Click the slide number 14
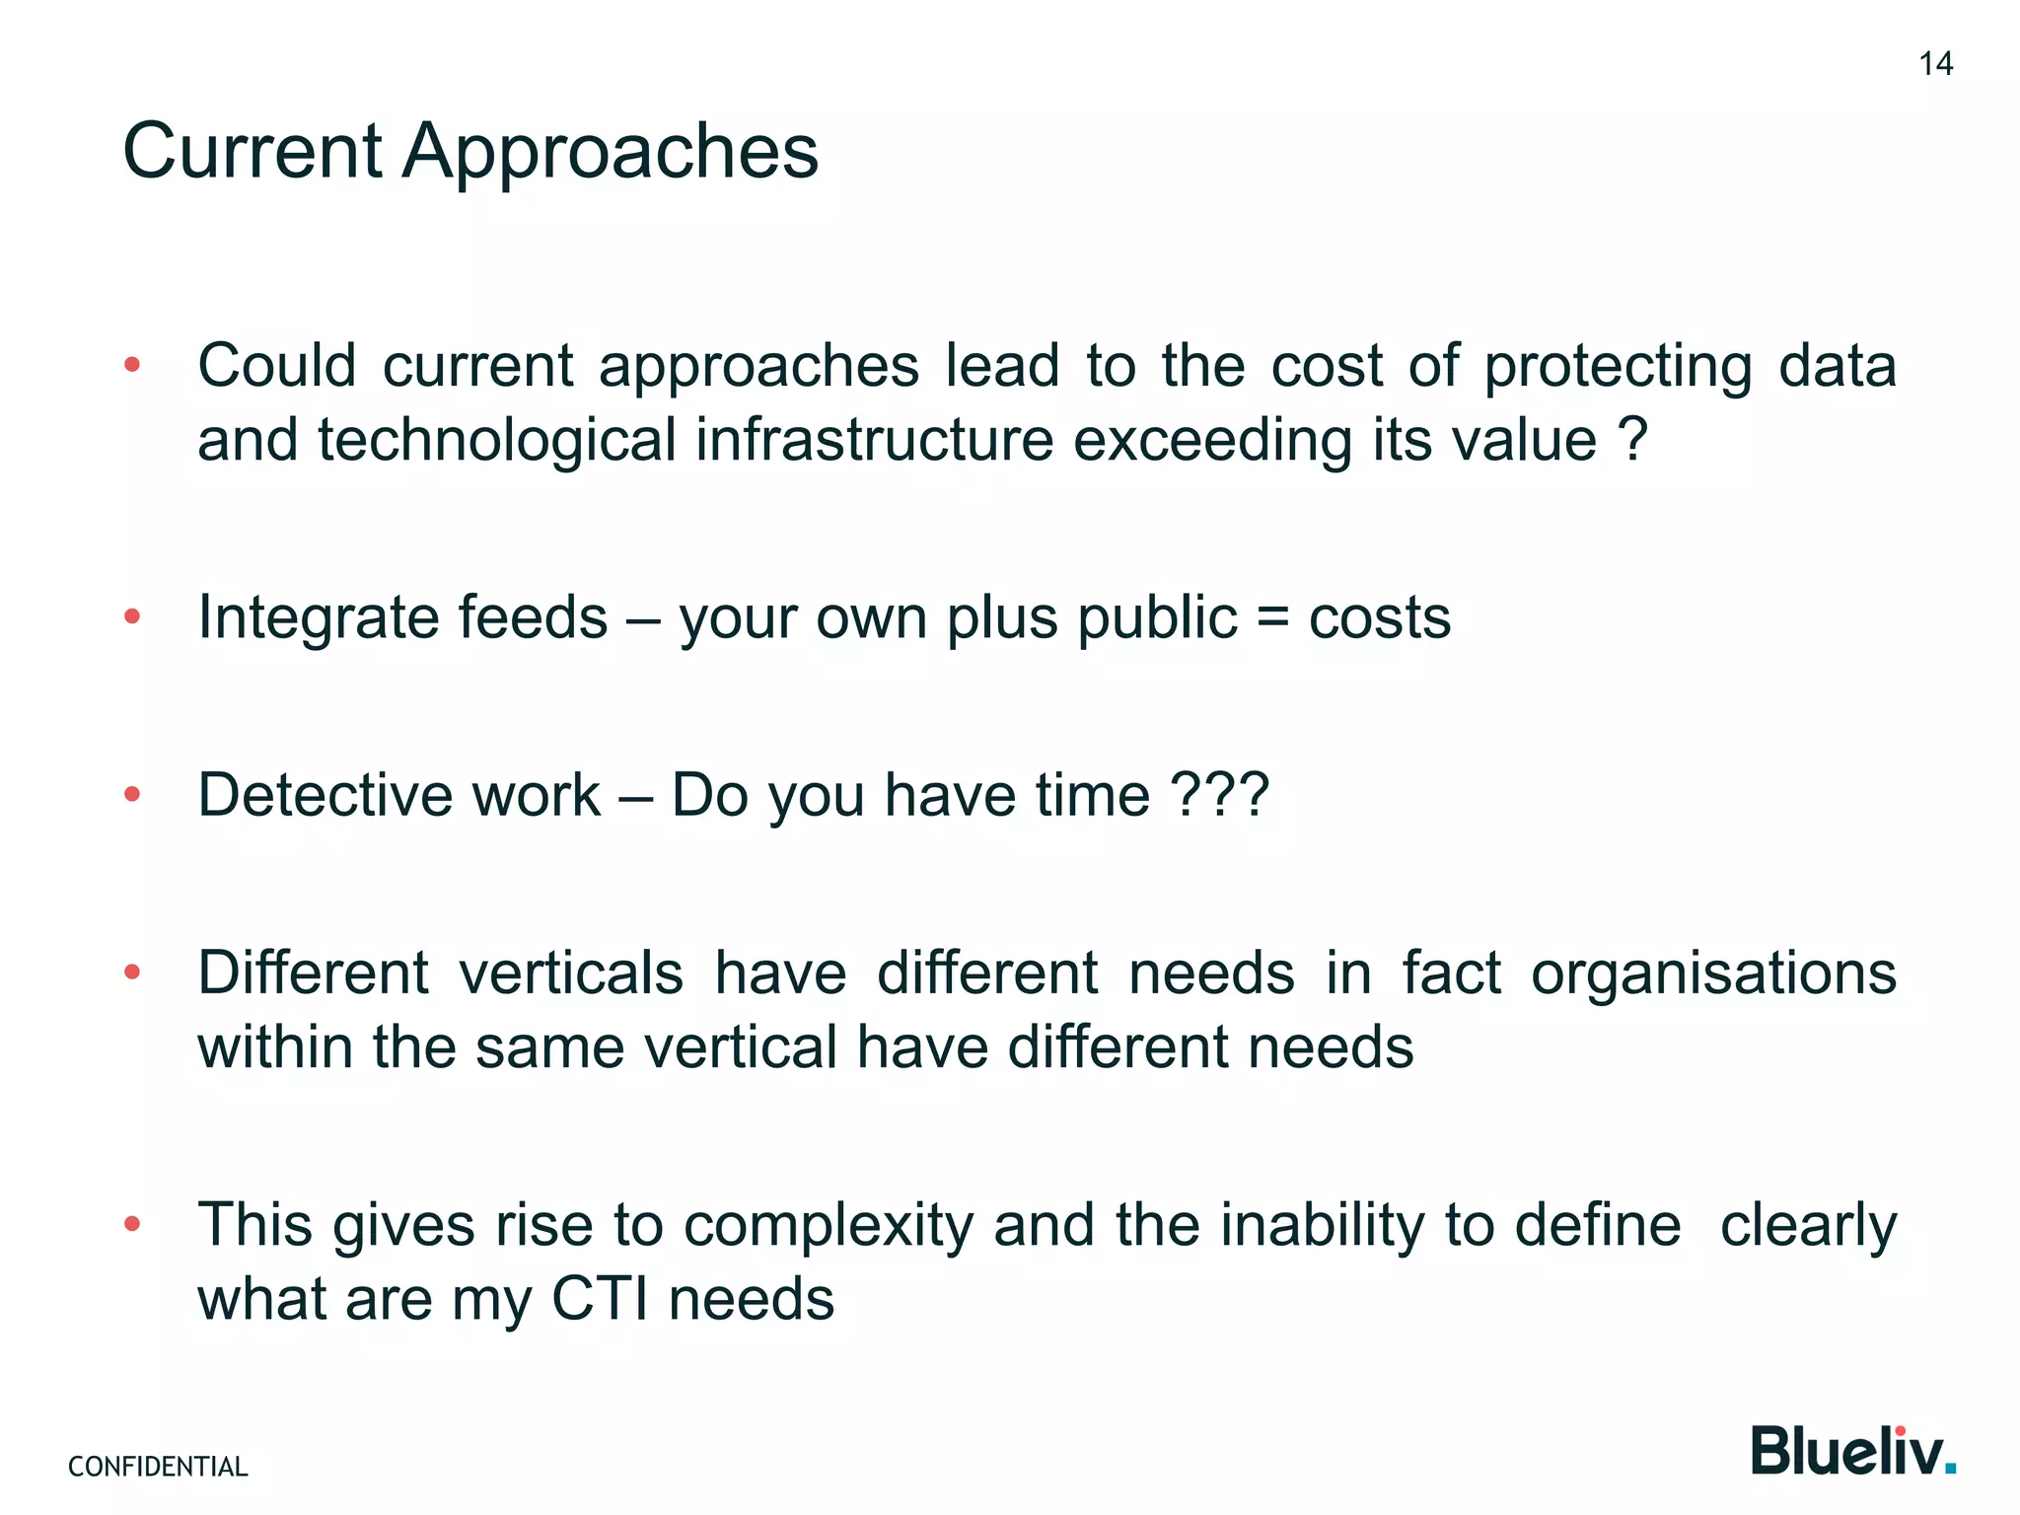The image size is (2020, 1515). click(1935, 64)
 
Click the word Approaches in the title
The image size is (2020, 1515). click(611, 152)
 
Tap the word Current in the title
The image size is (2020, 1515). click(252, 152)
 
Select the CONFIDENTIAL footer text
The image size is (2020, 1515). click(158, 1467)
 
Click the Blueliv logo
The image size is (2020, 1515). click(1853, 1451)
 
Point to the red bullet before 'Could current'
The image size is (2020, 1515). click(132, 366)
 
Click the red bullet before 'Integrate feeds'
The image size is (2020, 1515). click(132, 617)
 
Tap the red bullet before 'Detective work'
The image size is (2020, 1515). click(132, 795)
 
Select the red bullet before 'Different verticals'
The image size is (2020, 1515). click(132, 974)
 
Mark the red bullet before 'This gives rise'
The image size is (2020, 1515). click(132, 1225)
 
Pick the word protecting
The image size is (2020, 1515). click(1618, 367)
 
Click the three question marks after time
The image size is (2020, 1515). click(1219, 795)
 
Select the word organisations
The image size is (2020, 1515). click(1713, 974)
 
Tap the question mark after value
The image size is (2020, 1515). click(1633, 440)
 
